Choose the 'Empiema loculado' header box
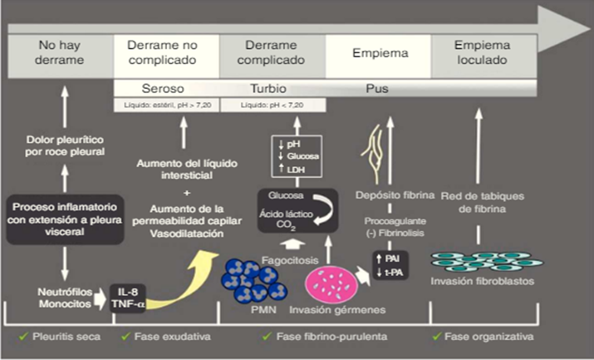click(x=483, y=53)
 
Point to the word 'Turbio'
click(x=269, y=88)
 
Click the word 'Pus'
click(x=376, y=88)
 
